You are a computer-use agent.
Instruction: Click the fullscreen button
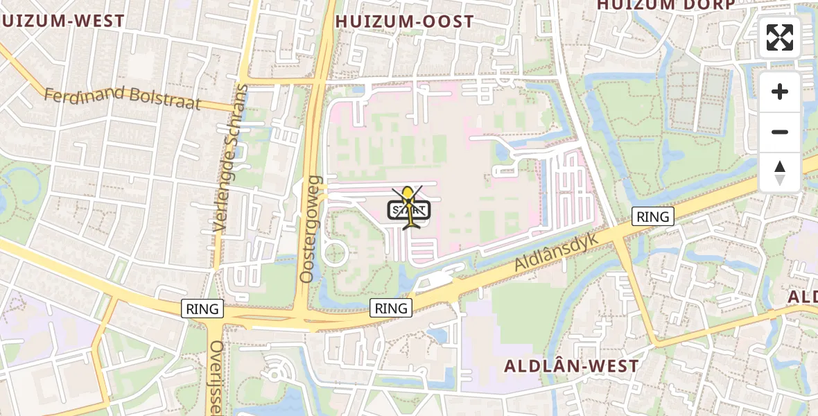point(780,37)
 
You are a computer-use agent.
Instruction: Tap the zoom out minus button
point(780,132)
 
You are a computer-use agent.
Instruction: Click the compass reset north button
point(780,172)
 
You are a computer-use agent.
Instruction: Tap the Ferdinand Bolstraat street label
point(122,98)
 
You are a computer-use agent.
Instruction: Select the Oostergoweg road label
point(310,229)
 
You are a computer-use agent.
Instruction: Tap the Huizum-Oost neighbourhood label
point(404,21)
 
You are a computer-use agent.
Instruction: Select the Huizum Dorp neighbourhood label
point(665,5)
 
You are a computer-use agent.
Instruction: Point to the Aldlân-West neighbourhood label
point(571,365)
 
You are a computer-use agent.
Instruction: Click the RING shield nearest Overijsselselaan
point(202,309)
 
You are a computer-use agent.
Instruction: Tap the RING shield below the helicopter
point(391,307)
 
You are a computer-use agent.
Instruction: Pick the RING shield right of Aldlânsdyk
point(652,216)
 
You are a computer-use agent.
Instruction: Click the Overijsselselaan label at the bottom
point(216,378)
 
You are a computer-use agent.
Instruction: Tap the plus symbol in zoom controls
point(780,92)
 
